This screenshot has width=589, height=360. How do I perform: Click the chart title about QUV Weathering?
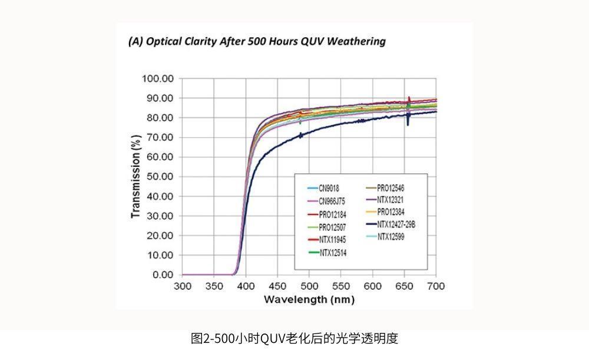tap(257, 41)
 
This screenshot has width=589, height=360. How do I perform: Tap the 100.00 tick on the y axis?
tap(158, 78)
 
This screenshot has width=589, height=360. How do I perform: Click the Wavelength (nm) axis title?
tap(309, 299)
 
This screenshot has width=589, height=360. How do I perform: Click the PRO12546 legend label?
tap(399, 188)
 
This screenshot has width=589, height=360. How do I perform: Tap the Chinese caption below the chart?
tap(294, 338)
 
